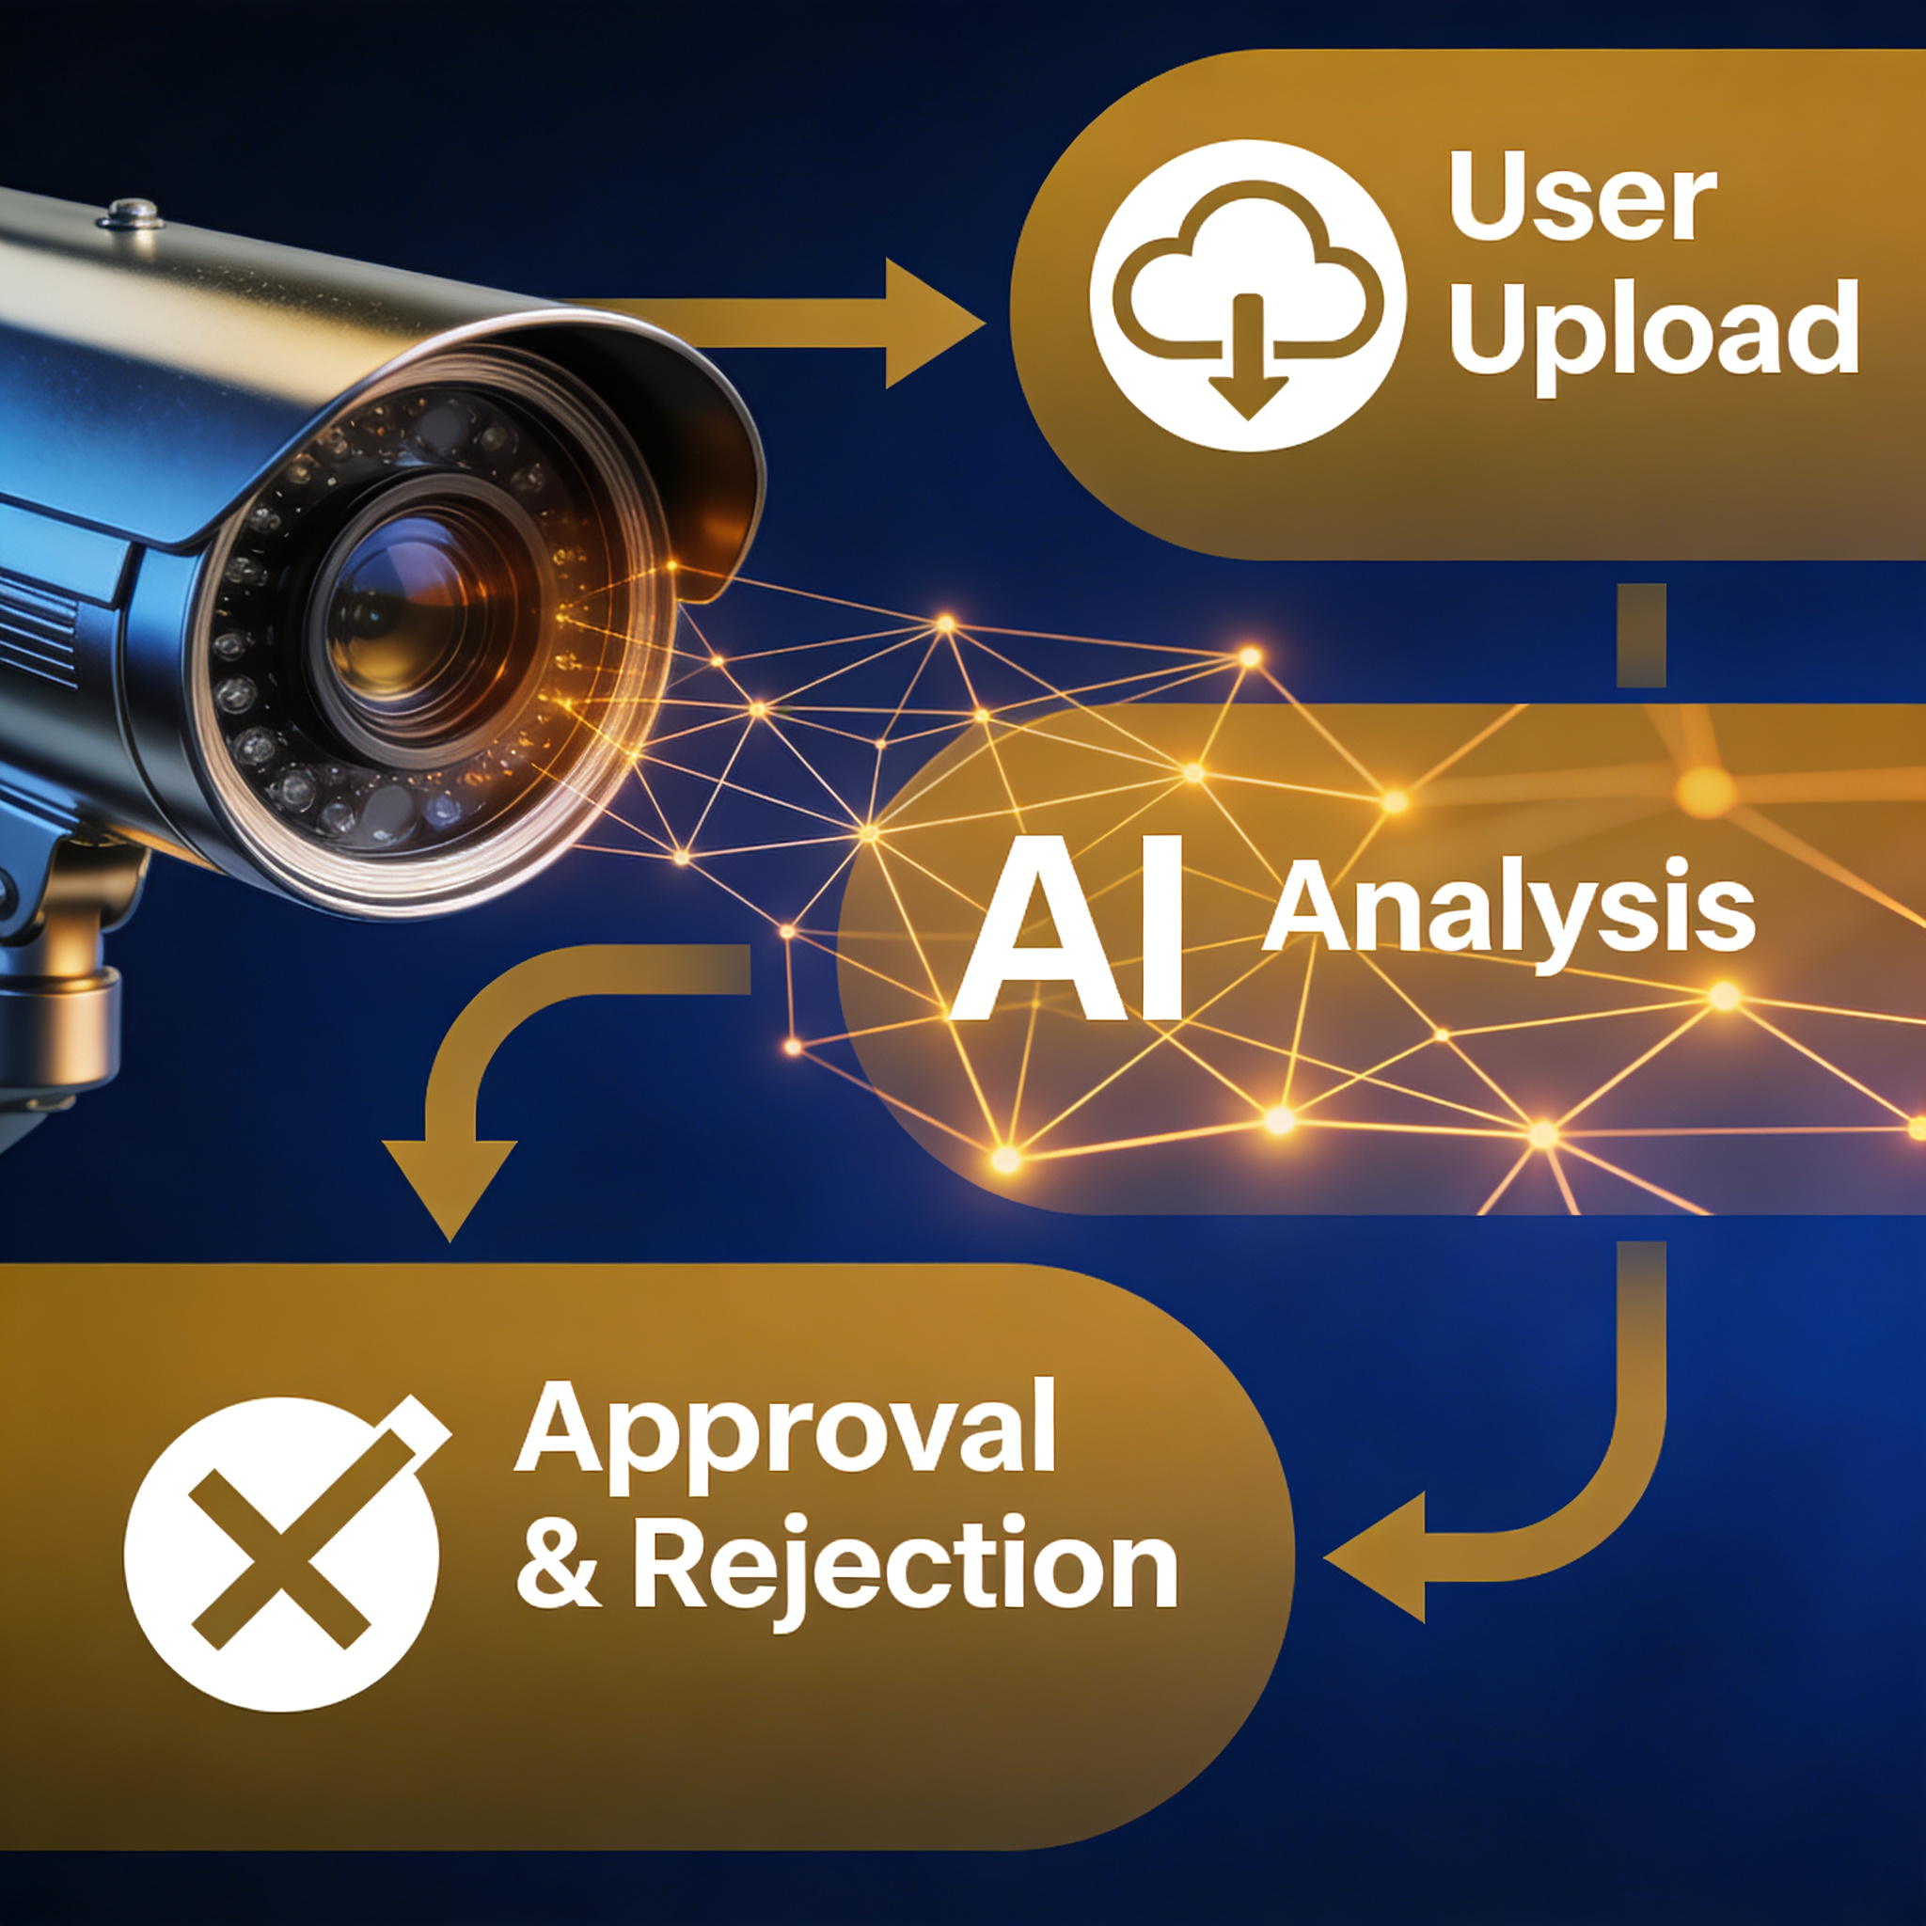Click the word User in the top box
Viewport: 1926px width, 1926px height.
coord(1582,197)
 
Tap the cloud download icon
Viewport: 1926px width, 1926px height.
coord(1247,296)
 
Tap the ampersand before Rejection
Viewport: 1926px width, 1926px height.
coord(559,1562)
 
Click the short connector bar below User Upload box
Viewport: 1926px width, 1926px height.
coord(1640,635)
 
